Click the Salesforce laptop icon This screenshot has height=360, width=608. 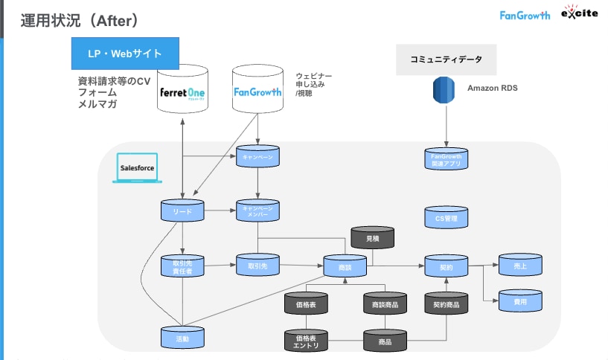(137, 169)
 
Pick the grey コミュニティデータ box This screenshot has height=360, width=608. (445, 59)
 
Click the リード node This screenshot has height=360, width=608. (182, 211)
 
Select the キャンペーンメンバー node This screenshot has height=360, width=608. (257, 210)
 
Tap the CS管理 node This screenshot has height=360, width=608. (445, 219)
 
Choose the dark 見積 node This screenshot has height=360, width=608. (372, 238)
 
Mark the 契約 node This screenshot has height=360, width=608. (445, 266)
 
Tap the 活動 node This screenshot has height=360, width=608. (182, 338)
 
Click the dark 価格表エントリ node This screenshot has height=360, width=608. (306, 341)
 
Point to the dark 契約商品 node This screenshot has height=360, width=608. (446, 303)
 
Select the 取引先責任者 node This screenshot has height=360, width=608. (182, 266)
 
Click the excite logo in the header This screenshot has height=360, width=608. (578, 14)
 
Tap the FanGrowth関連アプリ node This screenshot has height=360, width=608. (445, 158)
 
